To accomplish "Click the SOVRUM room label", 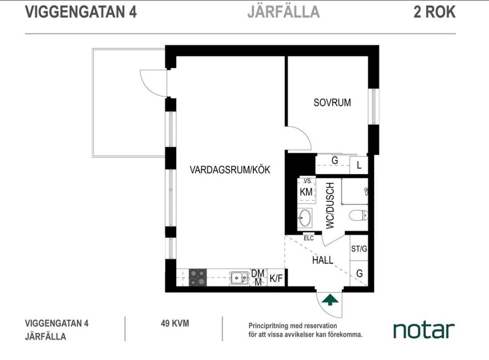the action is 332,103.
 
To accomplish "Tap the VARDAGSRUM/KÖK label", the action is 230,170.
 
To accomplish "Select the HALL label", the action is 323,260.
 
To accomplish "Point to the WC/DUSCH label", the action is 330,206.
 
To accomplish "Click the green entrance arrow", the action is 330,300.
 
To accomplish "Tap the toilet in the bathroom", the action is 358,215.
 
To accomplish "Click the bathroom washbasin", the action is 305,218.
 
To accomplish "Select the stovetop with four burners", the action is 198,277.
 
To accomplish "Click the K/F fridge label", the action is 276,279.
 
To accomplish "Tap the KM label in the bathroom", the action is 306,192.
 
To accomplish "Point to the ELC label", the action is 309,238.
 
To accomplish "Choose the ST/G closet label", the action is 359,249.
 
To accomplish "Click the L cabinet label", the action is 359,165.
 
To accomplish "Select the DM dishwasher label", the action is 258,273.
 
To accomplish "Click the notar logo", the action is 424,331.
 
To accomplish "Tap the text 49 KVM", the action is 175,323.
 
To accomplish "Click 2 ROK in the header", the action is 434,12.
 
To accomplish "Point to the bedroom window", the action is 374,106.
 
